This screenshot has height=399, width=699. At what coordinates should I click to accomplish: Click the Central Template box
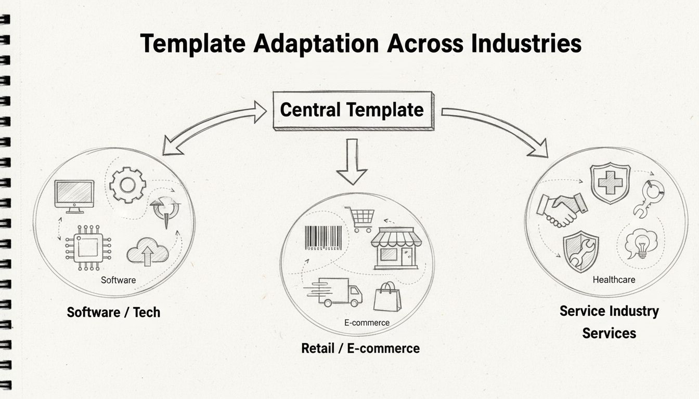(x=352, y=110)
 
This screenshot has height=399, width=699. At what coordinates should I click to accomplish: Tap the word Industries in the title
(x=526, y=44)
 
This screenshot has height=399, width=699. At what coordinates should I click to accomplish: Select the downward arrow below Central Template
(x=352, y=162)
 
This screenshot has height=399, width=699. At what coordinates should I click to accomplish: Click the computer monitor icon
(x=74, y=196)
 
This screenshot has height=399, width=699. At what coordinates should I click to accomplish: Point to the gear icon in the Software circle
(x=128, y=184)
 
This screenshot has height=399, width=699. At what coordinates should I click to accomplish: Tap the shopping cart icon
(x=360, y=219)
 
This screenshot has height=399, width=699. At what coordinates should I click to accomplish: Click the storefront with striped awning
(x=396, y=248)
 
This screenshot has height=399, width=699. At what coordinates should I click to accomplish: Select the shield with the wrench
(x=580, y=251)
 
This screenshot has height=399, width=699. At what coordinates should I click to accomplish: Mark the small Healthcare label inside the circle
(x=614, y=280)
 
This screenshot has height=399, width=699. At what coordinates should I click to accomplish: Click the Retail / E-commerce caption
(x=360, y=348)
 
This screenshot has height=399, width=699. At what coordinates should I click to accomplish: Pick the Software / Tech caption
(x=113, y=312)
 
